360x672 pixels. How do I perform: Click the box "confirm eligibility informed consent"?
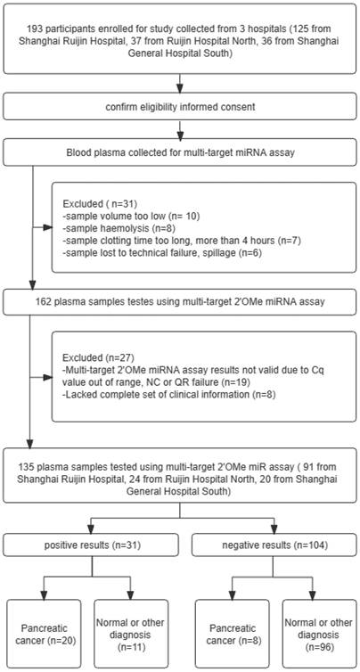pos(180,106)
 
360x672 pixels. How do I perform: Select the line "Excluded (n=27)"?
pos(89,345)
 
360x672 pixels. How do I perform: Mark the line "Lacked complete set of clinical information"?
pos(168,382)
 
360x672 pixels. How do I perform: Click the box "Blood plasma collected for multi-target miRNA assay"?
pos(180,152)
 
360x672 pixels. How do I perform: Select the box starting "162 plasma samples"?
pos(180,302)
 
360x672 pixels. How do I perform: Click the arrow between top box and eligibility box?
pos(180,83)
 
